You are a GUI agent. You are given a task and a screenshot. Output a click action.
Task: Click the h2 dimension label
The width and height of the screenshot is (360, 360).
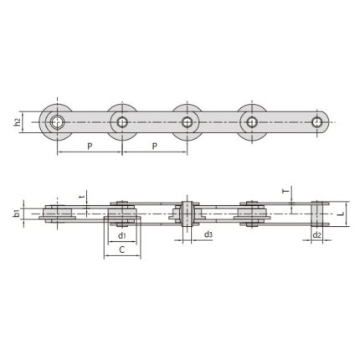(x=18, y=123)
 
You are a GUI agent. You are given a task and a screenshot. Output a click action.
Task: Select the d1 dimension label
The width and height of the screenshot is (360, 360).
(x=122, y=235)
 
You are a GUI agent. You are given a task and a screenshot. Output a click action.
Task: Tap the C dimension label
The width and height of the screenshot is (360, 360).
(x=122, y=249)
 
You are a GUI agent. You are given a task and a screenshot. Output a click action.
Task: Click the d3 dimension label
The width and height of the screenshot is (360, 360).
(x=208, y=235)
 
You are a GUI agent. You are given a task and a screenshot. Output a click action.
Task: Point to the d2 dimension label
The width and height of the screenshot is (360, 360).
(x=316, y=236)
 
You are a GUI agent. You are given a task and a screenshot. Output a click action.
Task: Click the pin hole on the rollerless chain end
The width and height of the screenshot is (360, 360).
(x=317, y=123)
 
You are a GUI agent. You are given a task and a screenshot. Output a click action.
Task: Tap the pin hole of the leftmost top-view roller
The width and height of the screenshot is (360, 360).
(x=58, y=123)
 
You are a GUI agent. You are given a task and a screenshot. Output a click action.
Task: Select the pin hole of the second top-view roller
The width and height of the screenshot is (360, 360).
(x=122, y=123)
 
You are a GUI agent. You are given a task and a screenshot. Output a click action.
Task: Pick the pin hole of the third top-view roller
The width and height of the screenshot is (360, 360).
(x=187, y=123)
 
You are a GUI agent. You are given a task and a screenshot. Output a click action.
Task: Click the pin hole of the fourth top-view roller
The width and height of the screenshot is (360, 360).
(x=251, y=123)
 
